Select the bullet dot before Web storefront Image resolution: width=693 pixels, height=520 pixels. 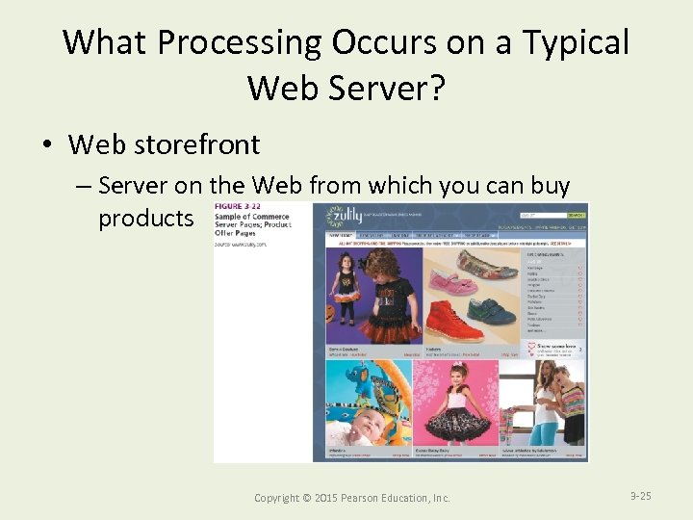point(46,145)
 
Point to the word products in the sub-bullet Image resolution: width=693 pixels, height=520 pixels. point(145,219)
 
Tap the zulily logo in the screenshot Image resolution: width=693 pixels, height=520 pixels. point(345,216)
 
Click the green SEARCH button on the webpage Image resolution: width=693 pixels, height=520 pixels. point(576,215)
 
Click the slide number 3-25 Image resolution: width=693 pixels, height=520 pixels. point(640,496)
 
